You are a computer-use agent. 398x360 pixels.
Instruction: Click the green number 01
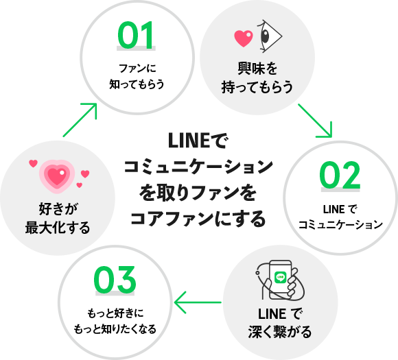point(136,35)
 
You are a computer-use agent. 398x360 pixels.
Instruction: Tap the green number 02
point(340,175)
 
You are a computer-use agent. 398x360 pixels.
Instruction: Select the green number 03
point(115,280)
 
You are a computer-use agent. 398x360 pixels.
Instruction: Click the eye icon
point(269,36)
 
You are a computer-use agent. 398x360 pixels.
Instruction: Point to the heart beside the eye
point(244,38)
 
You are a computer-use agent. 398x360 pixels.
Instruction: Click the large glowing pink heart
point(57,176)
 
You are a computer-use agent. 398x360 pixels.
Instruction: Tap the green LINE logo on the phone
point(281,277)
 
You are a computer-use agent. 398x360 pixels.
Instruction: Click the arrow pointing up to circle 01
point(80,120)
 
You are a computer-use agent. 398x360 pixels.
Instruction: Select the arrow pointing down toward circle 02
point(315,121)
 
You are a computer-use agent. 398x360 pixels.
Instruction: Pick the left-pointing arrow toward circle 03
point(198,302)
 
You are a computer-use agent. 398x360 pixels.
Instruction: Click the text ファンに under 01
point(137,69)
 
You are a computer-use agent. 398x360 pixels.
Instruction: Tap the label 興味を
point(257,69)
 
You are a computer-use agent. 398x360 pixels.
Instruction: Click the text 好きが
point(58,209)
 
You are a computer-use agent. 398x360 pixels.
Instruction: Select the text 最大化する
point(58,228)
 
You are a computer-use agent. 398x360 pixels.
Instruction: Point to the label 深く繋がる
point(280,332)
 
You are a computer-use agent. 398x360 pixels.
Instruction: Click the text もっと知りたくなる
point(115,329)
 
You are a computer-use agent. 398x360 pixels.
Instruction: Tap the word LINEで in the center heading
point(198,141)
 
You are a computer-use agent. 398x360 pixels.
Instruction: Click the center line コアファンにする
point(198,219)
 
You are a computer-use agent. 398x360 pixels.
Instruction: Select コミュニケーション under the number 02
point(340,225)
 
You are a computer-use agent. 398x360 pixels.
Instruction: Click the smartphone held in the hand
point(281,279)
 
